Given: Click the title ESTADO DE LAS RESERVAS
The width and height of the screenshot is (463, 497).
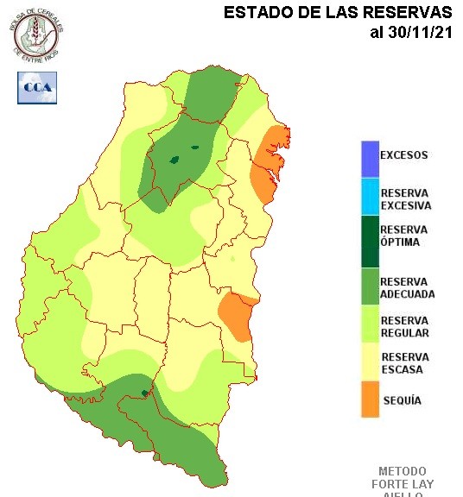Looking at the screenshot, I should tap(338, 13).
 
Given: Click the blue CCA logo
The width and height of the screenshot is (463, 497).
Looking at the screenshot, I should tap(37, 88).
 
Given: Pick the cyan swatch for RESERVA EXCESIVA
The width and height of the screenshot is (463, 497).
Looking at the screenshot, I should tap(370, 198).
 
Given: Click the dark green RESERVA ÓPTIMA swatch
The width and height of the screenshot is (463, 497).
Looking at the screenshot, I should tap(370, 242).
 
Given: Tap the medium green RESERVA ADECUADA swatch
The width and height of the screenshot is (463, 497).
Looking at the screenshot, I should tap(370, 287).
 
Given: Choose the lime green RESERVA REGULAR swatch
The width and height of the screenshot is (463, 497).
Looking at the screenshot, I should tap(370, 327).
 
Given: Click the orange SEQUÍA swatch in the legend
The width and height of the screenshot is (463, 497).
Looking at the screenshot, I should tap(370, 399).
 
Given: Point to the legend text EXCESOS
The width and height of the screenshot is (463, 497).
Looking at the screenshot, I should tap(404, 156).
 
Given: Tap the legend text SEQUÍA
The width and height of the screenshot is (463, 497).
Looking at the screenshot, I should tap(402, 400).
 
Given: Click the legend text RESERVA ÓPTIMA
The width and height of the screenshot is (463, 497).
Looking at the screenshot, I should tap(404, 236).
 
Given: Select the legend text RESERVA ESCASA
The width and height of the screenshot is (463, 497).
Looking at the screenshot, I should tap(404, 363).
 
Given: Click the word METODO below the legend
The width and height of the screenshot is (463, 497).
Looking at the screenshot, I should tap(403, 472).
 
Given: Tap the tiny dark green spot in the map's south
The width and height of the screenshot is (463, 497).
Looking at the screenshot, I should tap(144, 393).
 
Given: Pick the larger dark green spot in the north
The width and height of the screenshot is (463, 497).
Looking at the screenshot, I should tap(174, 159).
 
